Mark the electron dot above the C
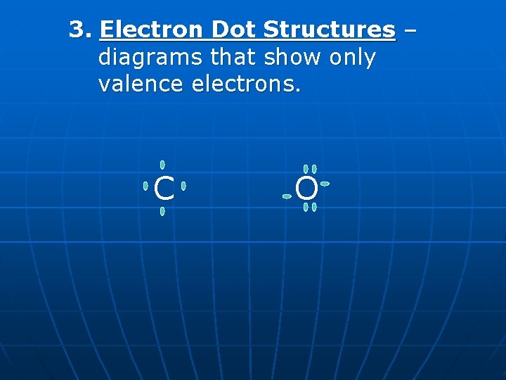[162, 165]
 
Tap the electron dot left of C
[145, 186]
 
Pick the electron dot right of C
[183, 186]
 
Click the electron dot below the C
[162, 211]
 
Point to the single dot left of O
[287, 196]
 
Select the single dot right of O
[325, 184]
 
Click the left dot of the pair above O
[306, 169]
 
